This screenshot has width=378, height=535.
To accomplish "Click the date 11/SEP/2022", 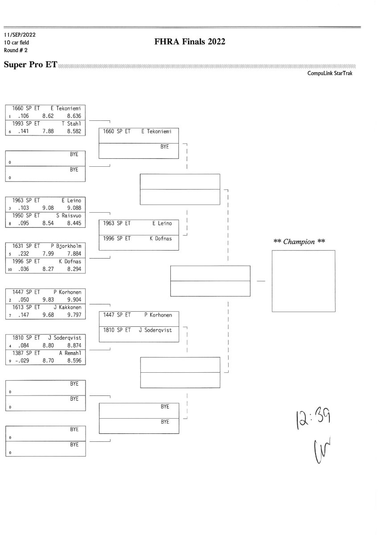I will (20, 35).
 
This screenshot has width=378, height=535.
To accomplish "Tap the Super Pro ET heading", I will (30, 65).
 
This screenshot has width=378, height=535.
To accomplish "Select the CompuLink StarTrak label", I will (329, 74).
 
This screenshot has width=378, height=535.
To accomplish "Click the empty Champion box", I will (303, 281).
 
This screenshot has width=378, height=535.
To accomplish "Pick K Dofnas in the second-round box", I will (160, 239).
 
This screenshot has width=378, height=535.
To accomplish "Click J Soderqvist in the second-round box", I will (155, 330).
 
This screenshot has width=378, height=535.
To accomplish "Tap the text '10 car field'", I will (17, 42).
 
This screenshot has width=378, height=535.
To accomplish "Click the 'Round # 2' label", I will (16, 50).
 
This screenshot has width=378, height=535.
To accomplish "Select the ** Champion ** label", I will (299, 242).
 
